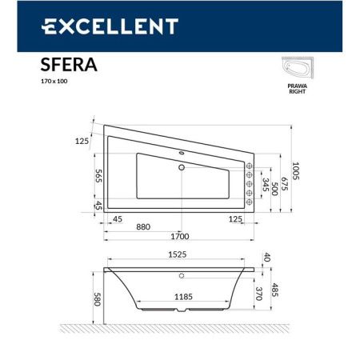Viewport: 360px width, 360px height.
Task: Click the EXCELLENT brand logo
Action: click(109, 27)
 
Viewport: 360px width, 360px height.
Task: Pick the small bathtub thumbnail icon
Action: click(299, 69)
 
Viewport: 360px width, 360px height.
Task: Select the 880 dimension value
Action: click(144, 226)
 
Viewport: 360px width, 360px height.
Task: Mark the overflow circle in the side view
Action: click(182, 276)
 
